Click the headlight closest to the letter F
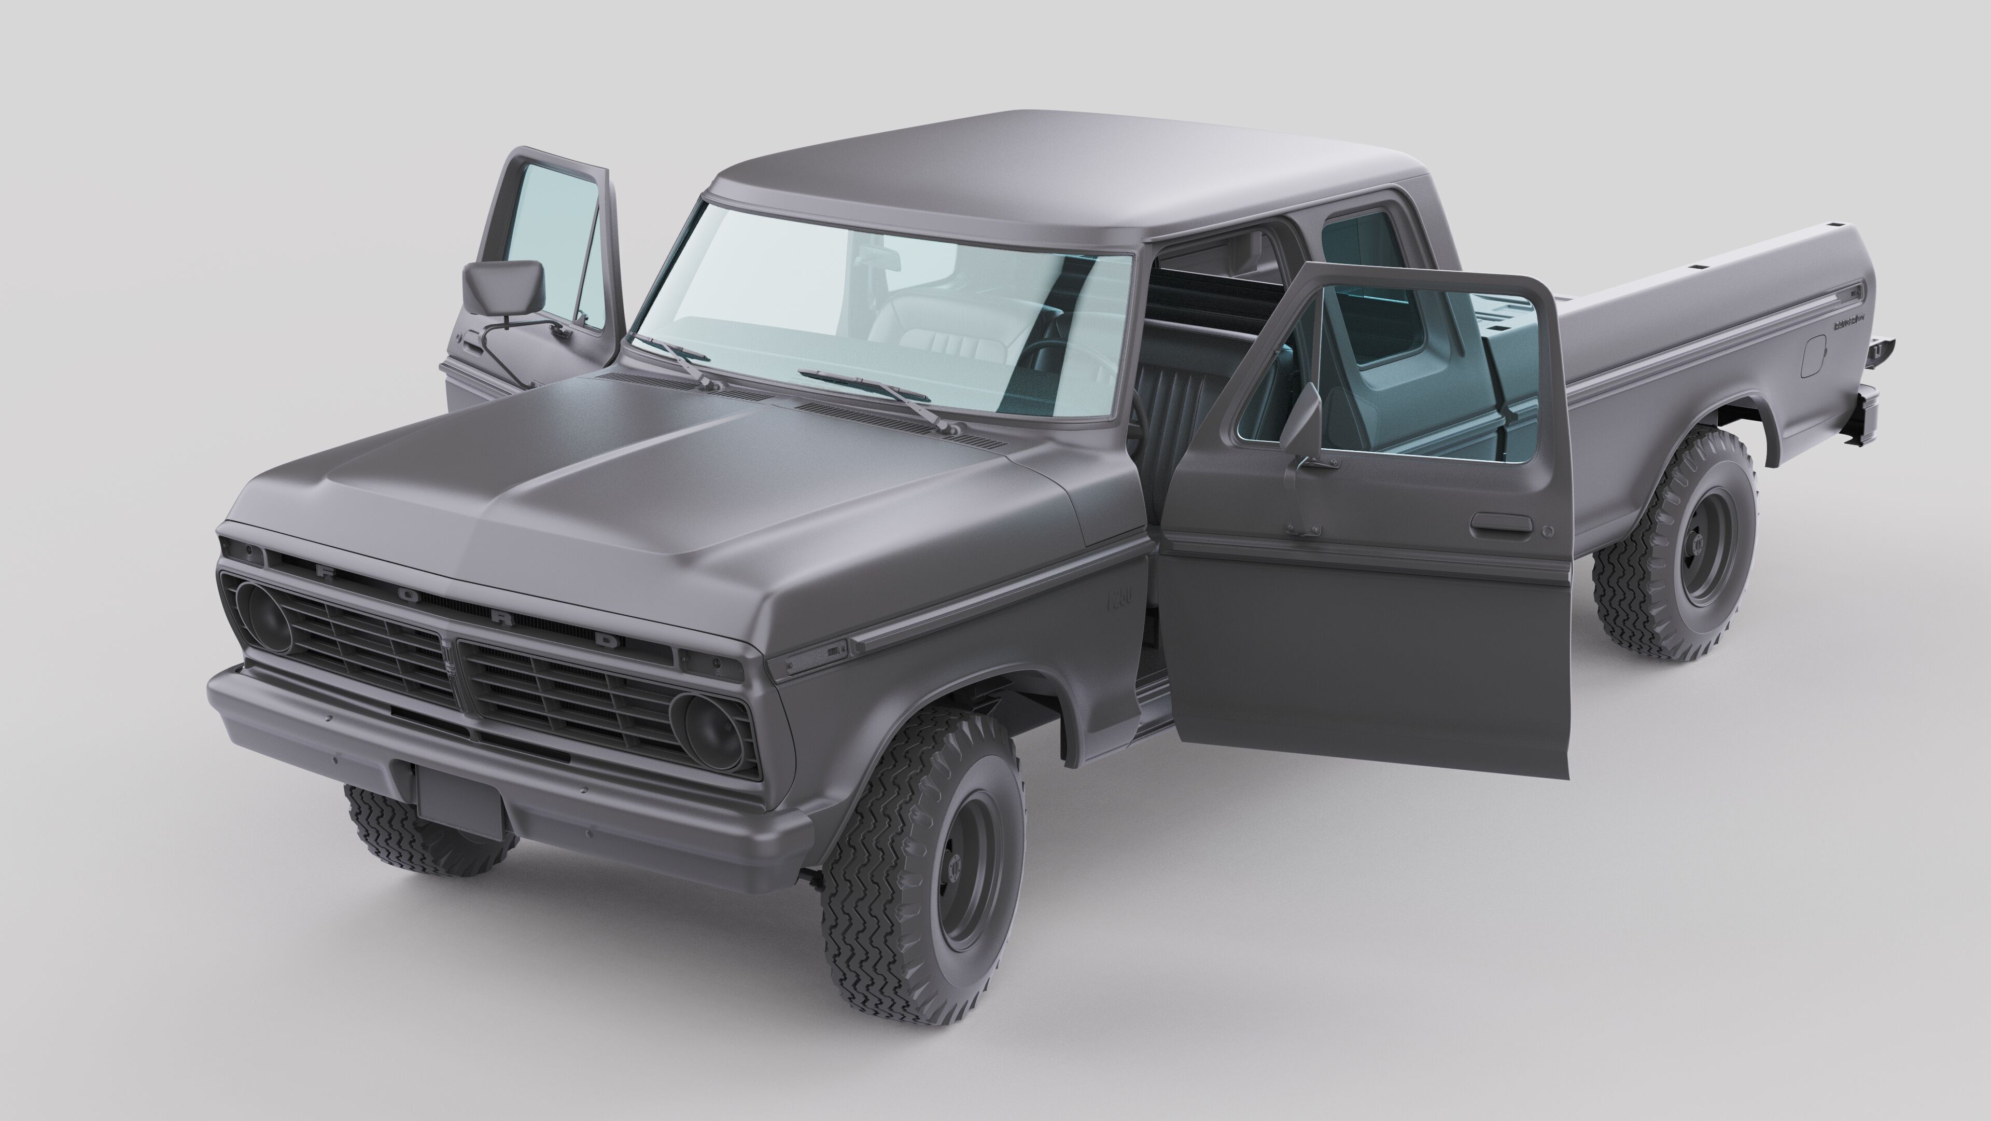click(265, 618)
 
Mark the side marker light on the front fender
click(814, 657)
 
